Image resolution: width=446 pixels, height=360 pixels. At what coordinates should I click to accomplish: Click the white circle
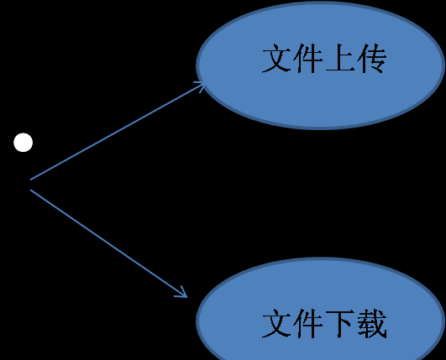(23, 143)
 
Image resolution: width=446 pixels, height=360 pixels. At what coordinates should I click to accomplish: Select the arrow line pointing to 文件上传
(118, 131)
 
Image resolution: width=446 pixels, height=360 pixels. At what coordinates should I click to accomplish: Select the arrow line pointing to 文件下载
(108, 243)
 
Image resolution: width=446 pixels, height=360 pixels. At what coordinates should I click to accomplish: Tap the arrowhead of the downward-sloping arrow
(183, 295)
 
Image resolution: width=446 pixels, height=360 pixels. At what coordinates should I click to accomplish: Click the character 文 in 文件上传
(277, 59)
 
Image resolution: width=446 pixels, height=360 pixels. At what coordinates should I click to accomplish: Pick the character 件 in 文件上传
(308, 59)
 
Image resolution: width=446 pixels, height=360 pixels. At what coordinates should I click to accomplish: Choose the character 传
(371, 59)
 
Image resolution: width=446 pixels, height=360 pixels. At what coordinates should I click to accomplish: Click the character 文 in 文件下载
(277, 324)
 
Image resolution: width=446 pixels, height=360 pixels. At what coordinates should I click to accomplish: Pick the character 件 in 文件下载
(308, 324)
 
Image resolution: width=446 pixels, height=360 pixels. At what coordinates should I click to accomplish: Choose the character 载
(371, 324)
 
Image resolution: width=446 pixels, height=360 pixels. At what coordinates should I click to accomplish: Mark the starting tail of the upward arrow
(30, 180)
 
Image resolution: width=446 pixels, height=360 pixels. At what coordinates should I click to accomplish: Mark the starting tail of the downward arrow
(30, 190)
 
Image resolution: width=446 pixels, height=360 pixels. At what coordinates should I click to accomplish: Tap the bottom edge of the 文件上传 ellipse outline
(321, 128)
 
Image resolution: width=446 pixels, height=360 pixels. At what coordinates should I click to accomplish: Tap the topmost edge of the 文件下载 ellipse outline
(321, 258)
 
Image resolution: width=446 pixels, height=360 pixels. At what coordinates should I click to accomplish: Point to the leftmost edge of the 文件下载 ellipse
(197, 321)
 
